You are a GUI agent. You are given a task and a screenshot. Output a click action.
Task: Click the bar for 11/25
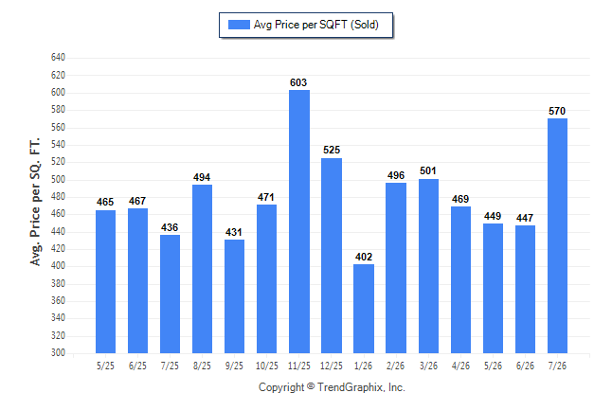[299, 222]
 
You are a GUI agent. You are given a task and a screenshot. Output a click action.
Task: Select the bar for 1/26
[364, 309]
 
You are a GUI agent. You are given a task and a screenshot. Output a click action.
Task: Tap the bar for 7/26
[557, 236]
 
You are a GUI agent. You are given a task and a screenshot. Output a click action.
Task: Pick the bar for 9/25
[235, 296]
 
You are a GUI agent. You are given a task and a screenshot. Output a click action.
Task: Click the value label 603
[298, 82]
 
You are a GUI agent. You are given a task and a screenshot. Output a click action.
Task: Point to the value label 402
[364, 257]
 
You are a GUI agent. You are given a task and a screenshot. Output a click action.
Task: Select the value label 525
[332, 150]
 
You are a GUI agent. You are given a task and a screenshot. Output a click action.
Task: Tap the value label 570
[557, 111]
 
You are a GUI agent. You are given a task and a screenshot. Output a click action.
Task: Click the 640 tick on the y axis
[58, 58]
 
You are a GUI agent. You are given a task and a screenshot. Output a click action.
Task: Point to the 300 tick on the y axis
[58, 352]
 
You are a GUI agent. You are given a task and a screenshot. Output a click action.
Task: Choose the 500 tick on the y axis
[58, 180]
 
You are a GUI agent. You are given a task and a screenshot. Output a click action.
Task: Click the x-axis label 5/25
[105, 366]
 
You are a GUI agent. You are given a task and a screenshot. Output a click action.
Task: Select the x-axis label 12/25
[332, 366]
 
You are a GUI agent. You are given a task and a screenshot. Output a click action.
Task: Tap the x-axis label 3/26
[428, 366]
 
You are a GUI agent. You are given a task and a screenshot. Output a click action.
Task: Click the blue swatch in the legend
[239, 25]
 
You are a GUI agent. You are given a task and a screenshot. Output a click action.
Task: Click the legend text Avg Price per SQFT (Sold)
[316, 25]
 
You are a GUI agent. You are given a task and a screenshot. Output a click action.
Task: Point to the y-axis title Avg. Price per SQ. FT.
[35, 202]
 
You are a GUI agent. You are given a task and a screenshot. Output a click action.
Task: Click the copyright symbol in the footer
[311, 386]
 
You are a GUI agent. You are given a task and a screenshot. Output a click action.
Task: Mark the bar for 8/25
[202, 269]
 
